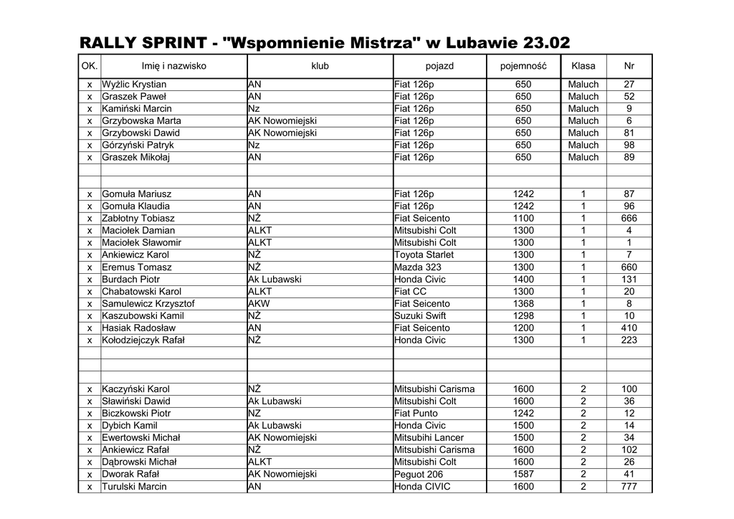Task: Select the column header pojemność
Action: (x=523, y=66)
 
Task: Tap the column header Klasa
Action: (x=583, y=66)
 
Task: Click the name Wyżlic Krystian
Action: (x=134, y=85)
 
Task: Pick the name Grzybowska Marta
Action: (x=141, y=121)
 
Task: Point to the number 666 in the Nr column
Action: (x=629, y=219)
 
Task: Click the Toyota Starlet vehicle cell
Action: (x=423, y=255)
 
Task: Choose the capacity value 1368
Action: (x=523, y=304)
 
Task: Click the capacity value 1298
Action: (x=523, y=316)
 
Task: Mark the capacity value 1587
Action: (x=523, y=475)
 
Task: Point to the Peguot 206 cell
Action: (x=419, y=475)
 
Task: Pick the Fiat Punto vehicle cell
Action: (x=416, y=414)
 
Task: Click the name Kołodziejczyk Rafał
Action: (x=143, y=341)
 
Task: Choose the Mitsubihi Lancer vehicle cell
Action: (x=429, y=438)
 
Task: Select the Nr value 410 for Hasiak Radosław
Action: (x=629, y=328)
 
